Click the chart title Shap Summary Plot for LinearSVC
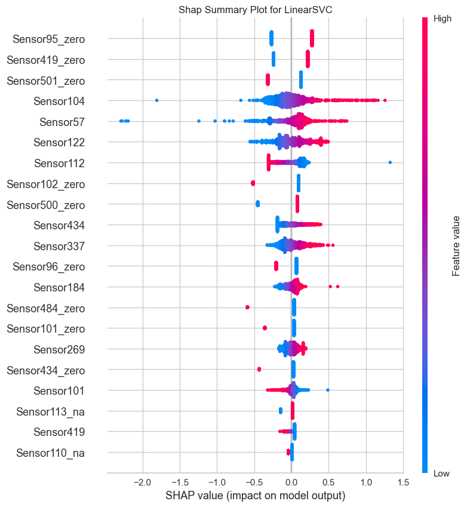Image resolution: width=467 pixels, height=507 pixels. [x=256, y=8]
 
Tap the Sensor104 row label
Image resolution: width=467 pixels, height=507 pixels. [x=59, y=101]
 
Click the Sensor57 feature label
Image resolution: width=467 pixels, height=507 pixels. [x=62, y=122]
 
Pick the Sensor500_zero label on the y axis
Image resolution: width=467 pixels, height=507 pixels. [x=45, y=205]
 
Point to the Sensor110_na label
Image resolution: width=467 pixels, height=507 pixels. [x=51, y=453]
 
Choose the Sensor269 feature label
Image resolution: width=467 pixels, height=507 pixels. [x=59, y=349]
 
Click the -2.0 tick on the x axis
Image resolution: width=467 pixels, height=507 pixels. [x=142, y=483]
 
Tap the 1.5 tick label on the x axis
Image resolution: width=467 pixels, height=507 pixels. [x=403, y=483]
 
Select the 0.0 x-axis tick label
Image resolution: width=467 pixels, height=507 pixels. [x=291, y=483]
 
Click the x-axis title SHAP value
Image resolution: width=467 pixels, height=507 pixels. [x=255, y=496]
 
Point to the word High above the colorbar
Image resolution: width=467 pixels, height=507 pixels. [x=443, y=19]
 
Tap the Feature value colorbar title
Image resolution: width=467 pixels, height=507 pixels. [x=456, y=245]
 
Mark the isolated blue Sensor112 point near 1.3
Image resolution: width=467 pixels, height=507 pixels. [x=390, y=162]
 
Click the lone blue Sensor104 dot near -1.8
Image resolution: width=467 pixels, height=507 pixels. [x=156, y=100]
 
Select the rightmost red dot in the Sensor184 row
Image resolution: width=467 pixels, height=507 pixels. [x=338, y=287]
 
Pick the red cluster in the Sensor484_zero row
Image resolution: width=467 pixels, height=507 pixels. [x=247, y=307]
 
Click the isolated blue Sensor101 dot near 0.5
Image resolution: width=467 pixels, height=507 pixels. [x=328, y=390]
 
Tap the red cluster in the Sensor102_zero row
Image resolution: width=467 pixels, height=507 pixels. [x=253, y=183]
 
